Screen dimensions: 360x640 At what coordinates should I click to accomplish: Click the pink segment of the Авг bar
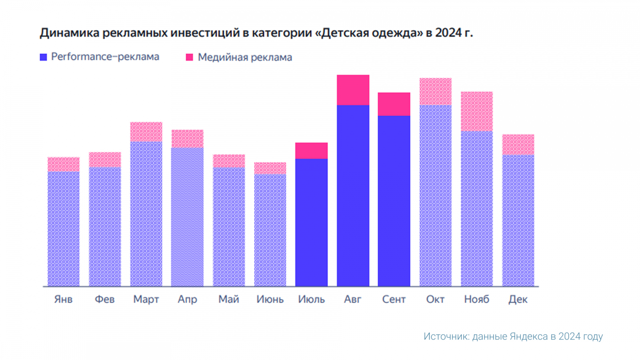pos(353,90)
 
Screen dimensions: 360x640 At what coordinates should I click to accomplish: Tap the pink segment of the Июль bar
pos(311,151)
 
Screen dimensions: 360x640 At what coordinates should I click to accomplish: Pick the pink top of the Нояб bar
pos(476,111)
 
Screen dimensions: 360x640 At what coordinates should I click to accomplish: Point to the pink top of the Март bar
pos(146,132)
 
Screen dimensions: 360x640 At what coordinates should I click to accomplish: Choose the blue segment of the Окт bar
pos(435,196)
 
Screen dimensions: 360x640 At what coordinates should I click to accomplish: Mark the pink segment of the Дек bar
pos(518,144)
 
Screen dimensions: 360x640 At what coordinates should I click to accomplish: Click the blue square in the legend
pos(44,57)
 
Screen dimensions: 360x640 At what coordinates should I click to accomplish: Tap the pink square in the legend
pos(190,57)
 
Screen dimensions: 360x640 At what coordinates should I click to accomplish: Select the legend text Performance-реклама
pos(105,57)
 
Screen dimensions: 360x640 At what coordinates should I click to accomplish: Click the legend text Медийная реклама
pos(245,58)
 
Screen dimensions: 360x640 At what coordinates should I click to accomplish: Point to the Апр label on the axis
pos(187,299)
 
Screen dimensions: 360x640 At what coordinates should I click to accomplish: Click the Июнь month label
pos(270,299)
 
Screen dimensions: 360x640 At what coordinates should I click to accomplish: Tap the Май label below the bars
pos(229,299)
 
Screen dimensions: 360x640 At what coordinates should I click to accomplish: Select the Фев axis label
pos(105,299)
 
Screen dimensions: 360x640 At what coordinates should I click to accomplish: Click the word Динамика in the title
pos(70,33)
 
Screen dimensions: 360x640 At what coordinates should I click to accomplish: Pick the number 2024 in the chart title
pos(448,33)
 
